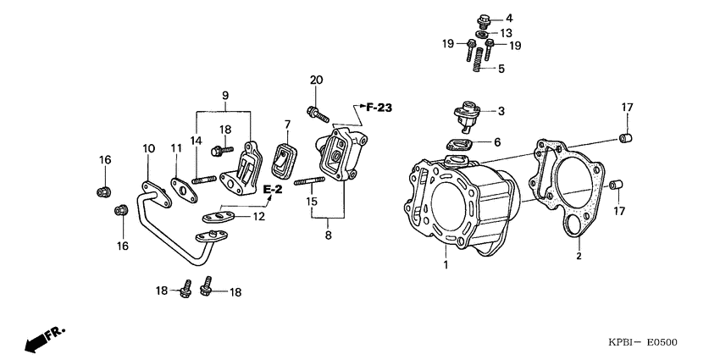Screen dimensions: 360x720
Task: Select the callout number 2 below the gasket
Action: [x=579, y=254]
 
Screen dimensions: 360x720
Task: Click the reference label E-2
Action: [x=272, y=188]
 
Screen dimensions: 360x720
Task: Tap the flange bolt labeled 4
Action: [x=486, y=19]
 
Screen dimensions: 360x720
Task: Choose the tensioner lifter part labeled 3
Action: [x=467, y=114]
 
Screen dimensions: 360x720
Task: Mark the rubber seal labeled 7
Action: [x=284, y=157]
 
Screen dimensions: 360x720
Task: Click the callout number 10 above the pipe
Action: [x=149, y=148]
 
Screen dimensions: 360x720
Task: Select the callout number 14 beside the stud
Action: [x=196, y=141]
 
